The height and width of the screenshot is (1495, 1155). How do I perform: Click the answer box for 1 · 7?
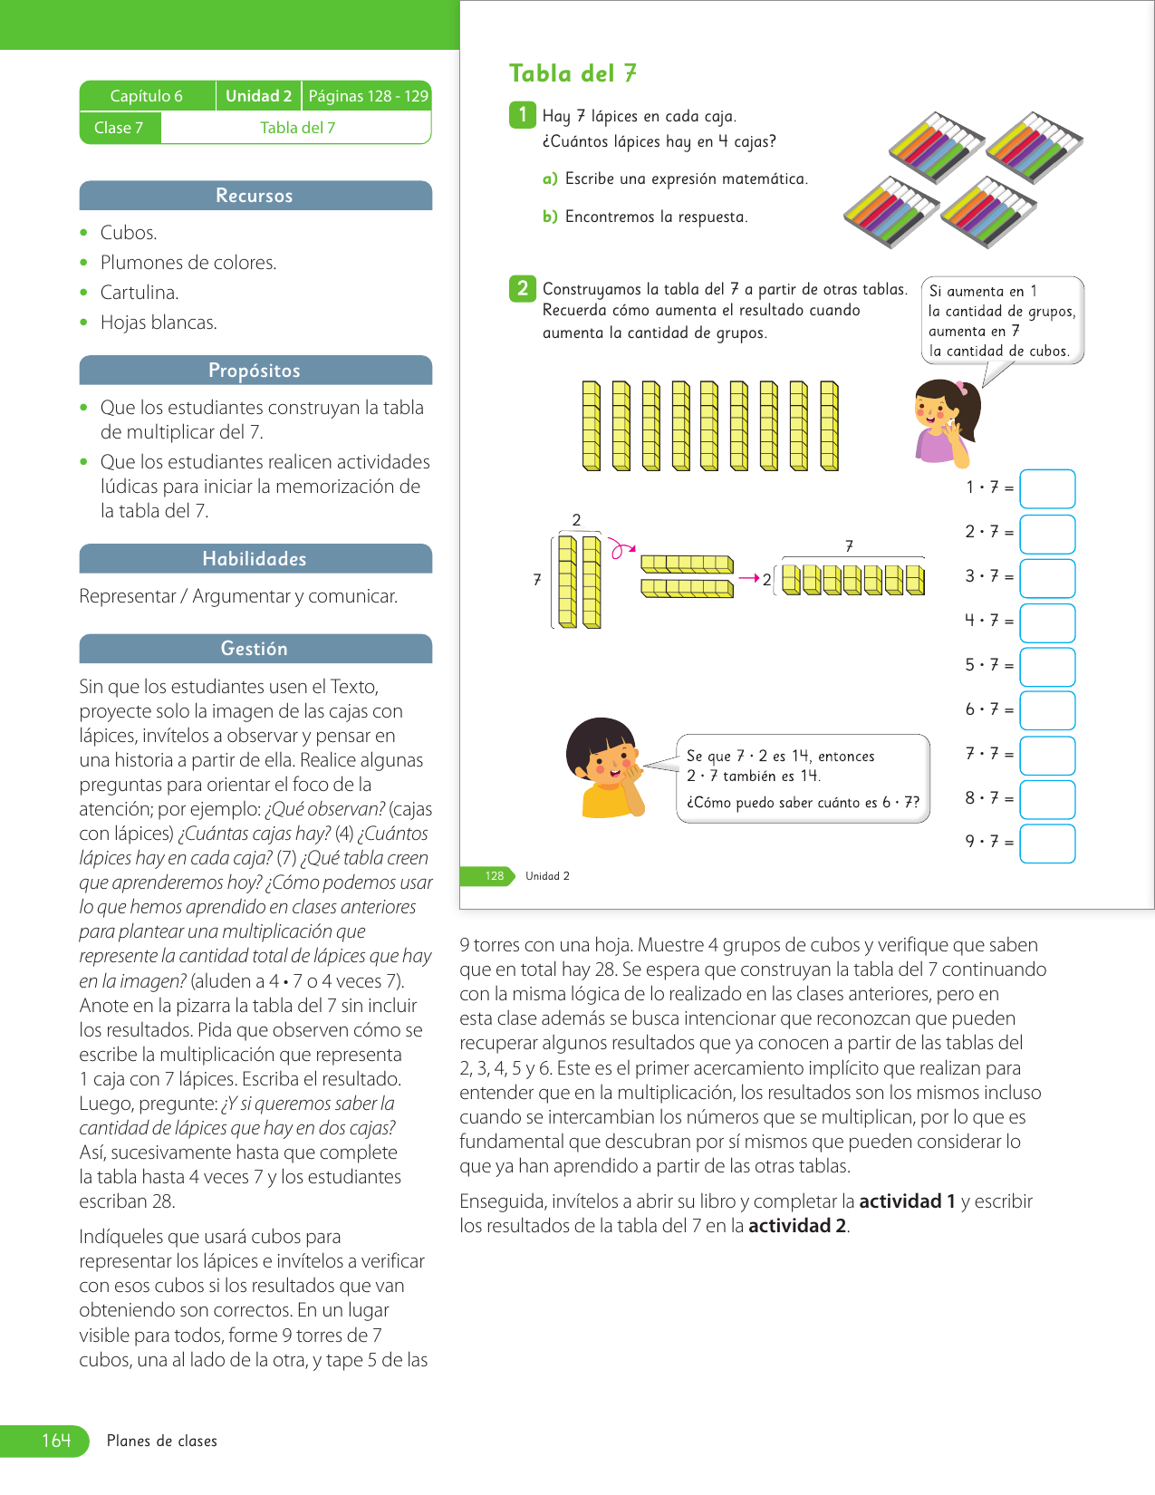(1047, 488)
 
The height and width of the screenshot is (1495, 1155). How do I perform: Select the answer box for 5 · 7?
(1047, 666)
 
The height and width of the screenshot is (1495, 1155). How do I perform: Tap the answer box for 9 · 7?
(1047, 844)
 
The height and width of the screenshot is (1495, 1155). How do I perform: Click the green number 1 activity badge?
(522, 115)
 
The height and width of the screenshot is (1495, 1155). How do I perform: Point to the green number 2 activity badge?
(522, 288)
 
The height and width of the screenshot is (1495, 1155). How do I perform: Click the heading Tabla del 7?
(573, 73)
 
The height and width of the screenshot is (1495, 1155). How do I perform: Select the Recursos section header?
(255, 196)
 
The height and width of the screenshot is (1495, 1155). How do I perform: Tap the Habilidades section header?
(255, 559)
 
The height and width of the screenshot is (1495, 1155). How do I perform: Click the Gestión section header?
(255, 649)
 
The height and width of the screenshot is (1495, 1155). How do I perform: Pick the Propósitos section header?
(255, 371)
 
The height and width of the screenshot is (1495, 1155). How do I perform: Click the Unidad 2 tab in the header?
(258, 96)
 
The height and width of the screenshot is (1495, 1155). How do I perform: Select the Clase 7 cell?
(119, 128)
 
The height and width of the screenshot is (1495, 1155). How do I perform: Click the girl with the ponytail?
(947, 421)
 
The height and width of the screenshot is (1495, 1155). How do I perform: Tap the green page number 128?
(494, 876)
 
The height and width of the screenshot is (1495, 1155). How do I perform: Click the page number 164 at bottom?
(55, 1441)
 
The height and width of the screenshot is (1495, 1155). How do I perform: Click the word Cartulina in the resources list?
(140, 293)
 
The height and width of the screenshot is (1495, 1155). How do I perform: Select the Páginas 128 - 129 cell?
(368, 96)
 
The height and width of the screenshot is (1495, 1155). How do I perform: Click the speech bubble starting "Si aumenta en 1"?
(1002, 321)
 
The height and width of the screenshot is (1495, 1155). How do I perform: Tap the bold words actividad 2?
(797, 1226)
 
